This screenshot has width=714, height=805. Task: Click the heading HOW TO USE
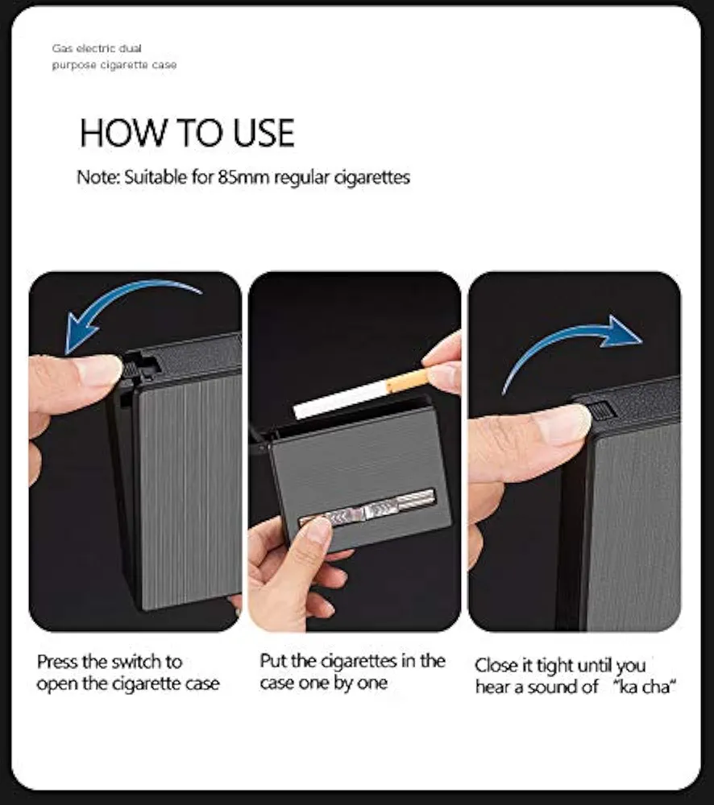(187, 133)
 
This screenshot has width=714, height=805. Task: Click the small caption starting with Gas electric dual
(114, 56)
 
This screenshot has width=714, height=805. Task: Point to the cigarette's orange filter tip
(407, 381)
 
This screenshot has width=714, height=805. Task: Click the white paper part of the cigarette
(340, 400)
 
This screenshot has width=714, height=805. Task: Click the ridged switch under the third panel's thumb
(601, 411)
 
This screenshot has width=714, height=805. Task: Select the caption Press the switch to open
(128, 672)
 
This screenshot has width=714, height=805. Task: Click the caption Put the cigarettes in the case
(353, 671)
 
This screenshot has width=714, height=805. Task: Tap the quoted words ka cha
(645, 687)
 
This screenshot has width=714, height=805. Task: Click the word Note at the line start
(98, 177)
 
